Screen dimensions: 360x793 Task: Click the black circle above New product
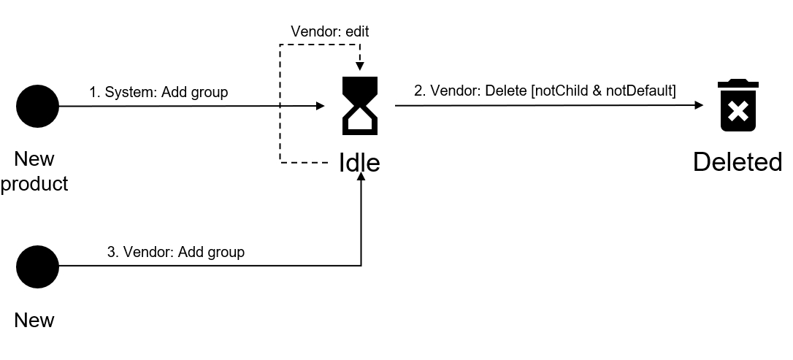click(x=37, y=106)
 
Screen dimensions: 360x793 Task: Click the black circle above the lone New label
click(x=37, y=267)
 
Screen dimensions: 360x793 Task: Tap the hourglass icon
click(x=360, y=106)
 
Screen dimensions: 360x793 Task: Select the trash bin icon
click(x=738, y=107)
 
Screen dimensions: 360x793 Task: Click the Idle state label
click(x=359, y=162)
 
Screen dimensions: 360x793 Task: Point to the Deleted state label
click(x=738, y=162)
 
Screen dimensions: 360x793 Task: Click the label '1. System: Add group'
click(x=158, y=92)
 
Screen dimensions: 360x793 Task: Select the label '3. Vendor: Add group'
click(x=176, y=252)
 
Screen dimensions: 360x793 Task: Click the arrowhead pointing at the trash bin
click(x=698, y=106)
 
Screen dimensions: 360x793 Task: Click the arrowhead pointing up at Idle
click(x=361, y=180)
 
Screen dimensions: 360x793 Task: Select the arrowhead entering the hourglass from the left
click(x=320, y=106)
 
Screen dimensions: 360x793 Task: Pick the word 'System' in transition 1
click(x=129, y=92)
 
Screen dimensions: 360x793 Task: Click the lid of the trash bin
click(x=738, y=84)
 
